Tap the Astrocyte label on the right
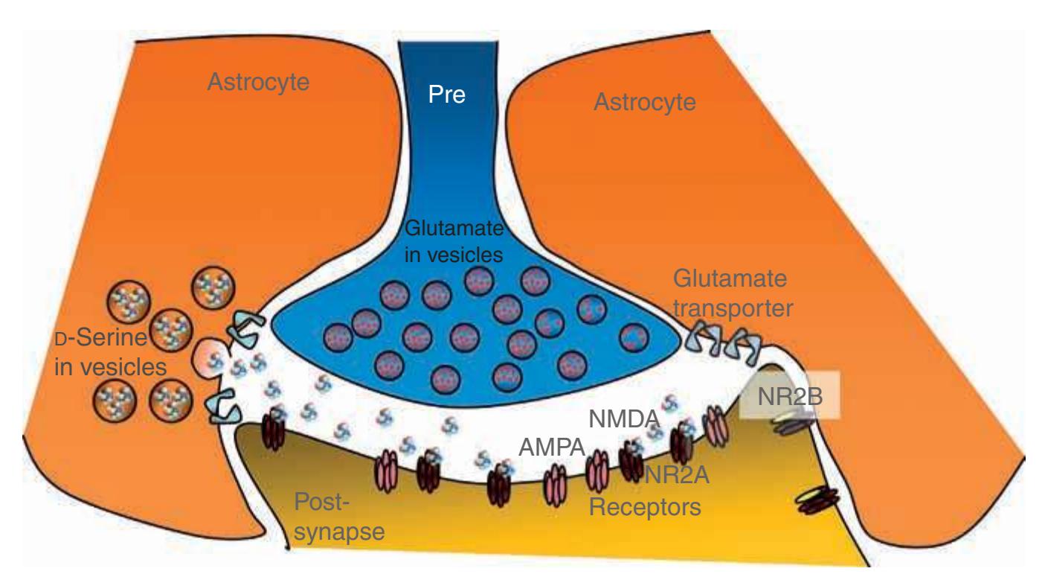pyautogui.click(x=645, y=103)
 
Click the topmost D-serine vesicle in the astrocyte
pyautogui.click(x=213, y=287)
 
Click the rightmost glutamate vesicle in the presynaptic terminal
pyautogui.click(x=634, y=337)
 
